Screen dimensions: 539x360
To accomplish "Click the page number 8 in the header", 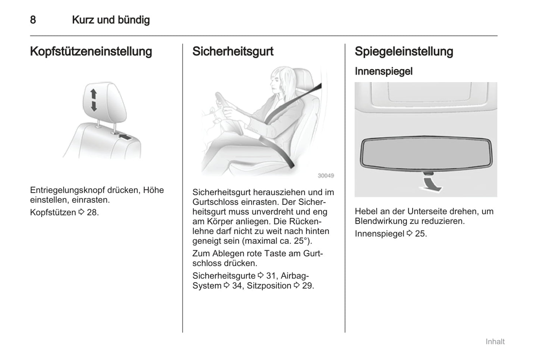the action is coord(33,20).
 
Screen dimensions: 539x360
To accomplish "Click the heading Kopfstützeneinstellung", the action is coord(91,51).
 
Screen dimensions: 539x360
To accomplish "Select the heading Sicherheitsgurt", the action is coord(233,51).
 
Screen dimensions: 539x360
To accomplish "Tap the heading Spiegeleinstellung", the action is coord(404,51).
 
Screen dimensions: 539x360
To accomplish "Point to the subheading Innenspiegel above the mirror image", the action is coord(383,71).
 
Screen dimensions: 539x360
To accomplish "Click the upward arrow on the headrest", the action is coord(93,94).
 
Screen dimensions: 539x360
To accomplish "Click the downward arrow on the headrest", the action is coord(94,106).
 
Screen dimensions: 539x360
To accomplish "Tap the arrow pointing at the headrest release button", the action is coord(125,137).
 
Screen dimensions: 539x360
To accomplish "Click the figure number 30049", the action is coord(326,176).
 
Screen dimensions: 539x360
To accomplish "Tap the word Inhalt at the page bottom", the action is coord(495,341).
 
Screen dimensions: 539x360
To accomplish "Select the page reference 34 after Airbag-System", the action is coord(237,286).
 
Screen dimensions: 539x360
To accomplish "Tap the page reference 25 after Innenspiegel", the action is coord(420,234).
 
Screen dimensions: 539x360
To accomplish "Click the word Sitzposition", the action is coord(269,286).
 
